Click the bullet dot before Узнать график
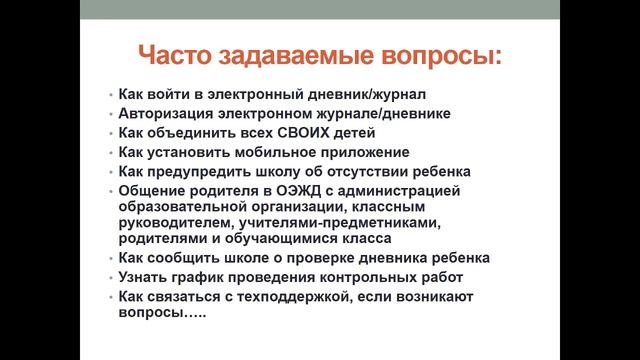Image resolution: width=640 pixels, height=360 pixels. [109, 278]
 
